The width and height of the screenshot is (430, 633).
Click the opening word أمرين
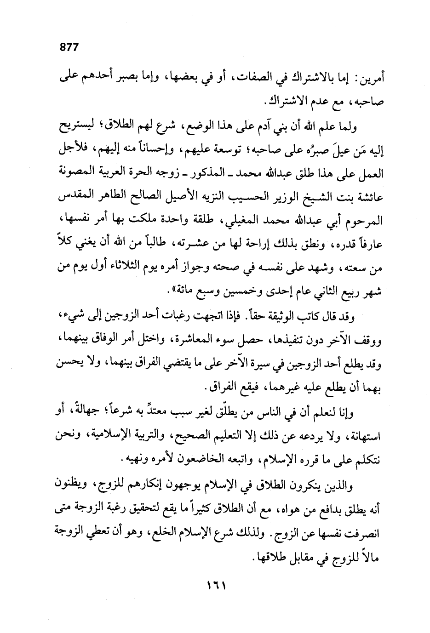[368, 79]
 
